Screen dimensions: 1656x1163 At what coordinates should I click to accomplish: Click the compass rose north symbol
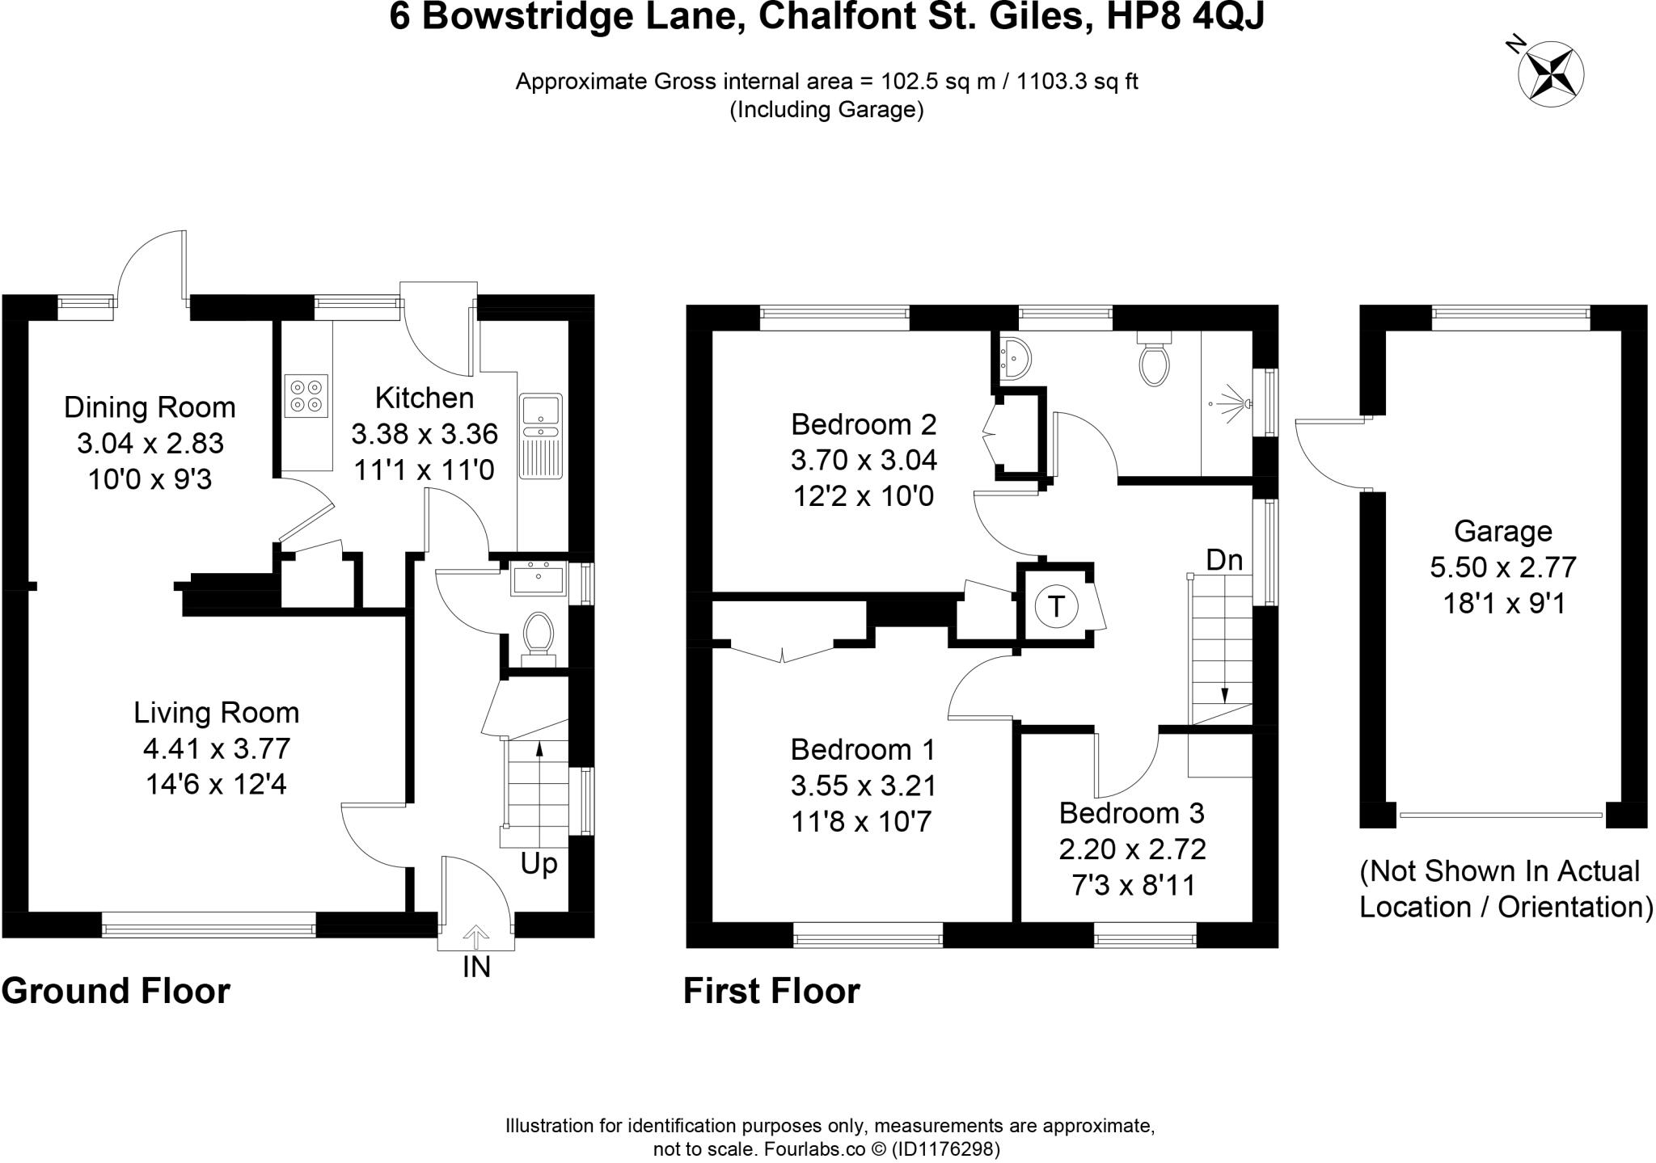click(x=1550, y=75)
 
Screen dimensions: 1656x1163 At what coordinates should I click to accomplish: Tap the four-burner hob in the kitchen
click(x=306, y=396)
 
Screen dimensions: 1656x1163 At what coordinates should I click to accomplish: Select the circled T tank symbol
click(x=1056, y=605)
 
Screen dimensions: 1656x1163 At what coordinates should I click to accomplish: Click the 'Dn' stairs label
click(x=1224, y=560)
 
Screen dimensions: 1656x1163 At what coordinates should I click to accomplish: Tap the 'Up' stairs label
click(x=539, y=865)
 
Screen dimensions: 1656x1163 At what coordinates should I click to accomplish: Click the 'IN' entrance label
click(x=476, y=967)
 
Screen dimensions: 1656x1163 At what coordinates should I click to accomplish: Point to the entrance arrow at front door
click(x=475, y=937)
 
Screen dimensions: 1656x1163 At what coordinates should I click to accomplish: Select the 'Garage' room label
click(x=1502, y=531)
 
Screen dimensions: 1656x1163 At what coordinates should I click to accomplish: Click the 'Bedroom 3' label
click(x=1131, y=812)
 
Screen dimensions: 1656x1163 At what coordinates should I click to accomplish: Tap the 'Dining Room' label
click(x=150, y=407)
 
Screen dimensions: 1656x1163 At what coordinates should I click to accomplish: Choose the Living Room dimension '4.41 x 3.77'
click(x=217, y=748)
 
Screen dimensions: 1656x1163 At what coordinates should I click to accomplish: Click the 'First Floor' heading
click(x=771, y=991)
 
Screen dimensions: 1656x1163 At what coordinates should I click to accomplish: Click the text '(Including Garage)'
click(x=826, y=110)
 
